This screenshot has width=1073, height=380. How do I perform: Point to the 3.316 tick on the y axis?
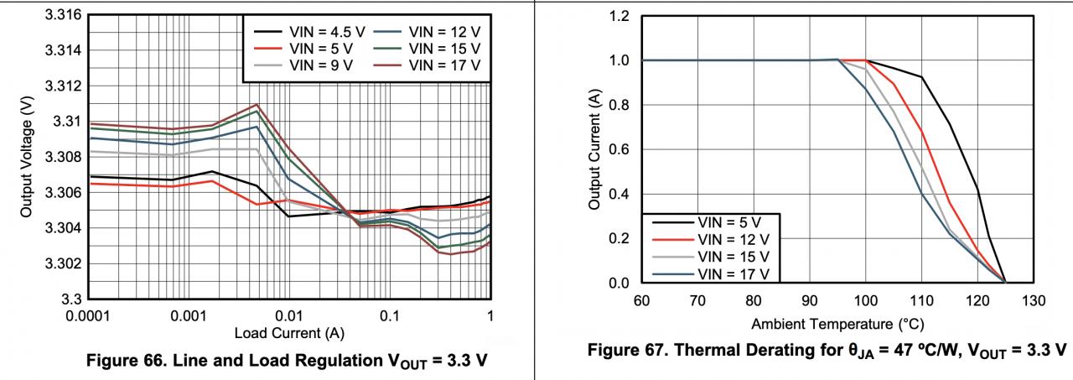[x=64, y=15]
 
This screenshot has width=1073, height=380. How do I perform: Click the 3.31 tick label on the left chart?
[x=67, y=122]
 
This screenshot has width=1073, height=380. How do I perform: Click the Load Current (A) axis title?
[x=289, y=332]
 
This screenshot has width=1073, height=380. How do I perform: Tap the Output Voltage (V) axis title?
[x=27, y=157]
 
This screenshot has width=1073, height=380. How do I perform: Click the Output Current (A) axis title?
[x=594, y=149]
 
